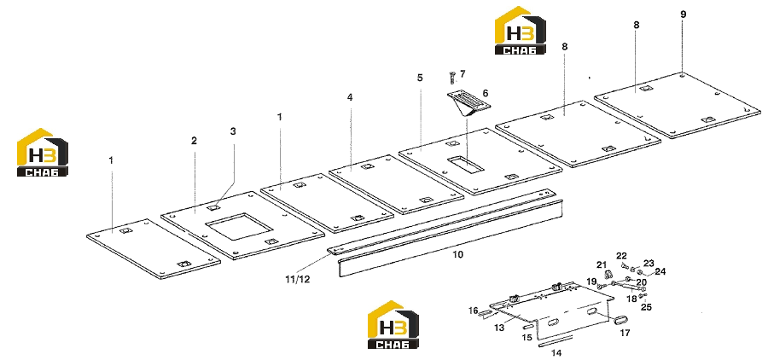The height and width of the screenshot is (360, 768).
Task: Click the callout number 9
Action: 684,15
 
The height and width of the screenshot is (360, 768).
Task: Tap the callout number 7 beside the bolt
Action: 463,73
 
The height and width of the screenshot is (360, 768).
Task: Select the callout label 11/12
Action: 297,280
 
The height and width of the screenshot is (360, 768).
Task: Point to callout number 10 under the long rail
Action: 457,254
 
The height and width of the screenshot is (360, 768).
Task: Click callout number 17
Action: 625,333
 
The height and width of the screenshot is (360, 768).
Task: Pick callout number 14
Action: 557,352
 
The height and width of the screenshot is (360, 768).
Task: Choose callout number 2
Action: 194,141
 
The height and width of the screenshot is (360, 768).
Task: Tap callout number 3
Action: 233,131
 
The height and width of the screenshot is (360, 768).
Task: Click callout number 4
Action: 350,97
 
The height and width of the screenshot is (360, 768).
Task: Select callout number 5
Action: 420,78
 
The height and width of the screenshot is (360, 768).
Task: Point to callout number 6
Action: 486,93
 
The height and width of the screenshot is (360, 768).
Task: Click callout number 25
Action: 647,307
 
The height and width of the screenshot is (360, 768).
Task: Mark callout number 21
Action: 602,265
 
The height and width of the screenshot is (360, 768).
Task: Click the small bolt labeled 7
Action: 452,77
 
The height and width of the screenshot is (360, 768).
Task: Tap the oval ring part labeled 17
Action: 620,320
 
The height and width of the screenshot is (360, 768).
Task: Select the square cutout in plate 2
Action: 239,227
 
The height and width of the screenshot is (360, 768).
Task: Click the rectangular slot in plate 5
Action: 466,165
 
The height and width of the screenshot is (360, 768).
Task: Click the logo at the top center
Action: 521,30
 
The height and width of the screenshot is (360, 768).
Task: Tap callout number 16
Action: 473,310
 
